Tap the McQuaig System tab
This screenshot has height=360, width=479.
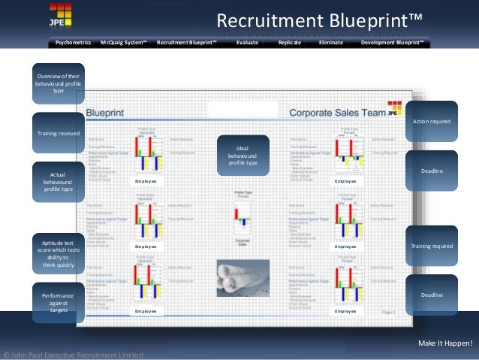[x=124, y=43]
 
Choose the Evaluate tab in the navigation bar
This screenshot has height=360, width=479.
[x=247, y=43]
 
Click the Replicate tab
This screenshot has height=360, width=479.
[x=289, y=43]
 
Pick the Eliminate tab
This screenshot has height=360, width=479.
[x=331, y=43]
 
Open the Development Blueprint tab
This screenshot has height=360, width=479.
[x=392, y=43]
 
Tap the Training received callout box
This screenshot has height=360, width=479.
[x=58, y=133]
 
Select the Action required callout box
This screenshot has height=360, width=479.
[x=432, y=121]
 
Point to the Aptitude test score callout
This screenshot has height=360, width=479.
[x=58, y=254]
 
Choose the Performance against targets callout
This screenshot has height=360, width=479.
[x=58, y=303]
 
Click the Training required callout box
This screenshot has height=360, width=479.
[x=432, y=246]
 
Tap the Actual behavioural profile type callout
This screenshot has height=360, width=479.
[x=58, y=182]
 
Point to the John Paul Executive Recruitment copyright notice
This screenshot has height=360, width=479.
[x=73, y=354]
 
